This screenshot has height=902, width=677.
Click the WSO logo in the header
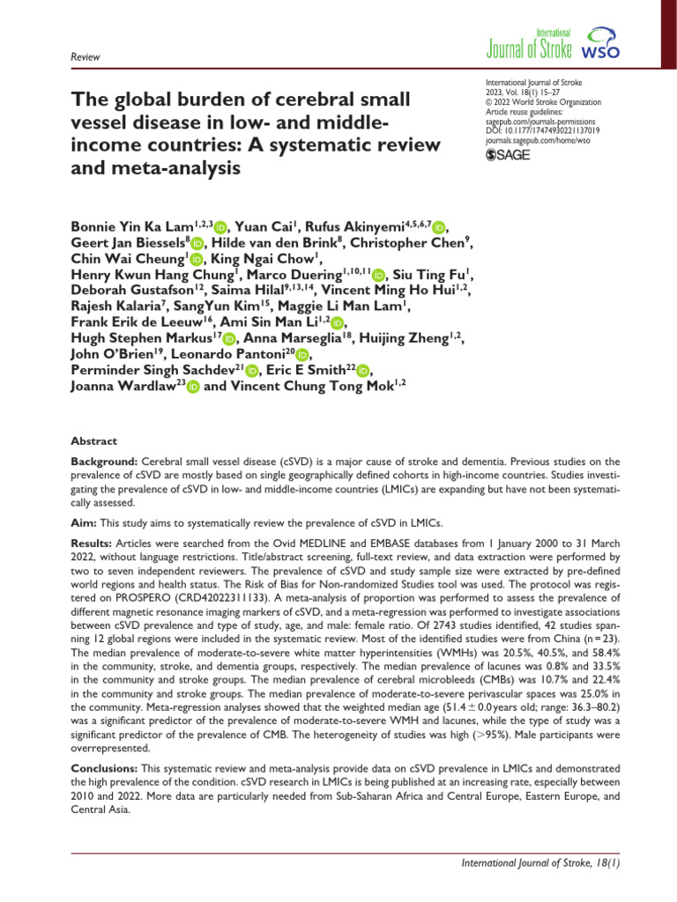pos(601,44)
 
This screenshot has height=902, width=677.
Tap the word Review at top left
pos(86,57)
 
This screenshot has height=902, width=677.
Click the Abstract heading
pos(93,441)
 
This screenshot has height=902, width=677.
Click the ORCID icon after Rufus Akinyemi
pos(440,227)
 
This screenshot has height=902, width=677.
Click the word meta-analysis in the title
pos(171,166)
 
